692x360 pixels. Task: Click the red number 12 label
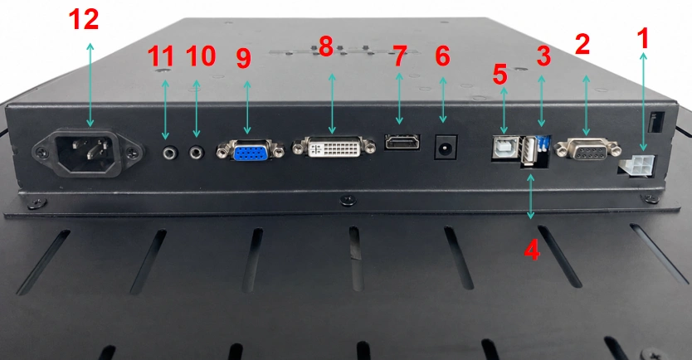[84, 20]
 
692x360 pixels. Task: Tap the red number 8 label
[326, 46]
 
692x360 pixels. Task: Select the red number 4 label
[531, 251]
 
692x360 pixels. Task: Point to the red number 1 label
[644, 38]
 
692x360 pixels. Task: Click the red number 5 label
[500, 74]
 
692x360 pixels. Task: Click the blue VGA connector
[251, 150]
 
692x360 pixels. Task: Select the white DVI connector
[334, 147]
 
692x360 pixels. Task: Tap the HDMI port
[402, 142]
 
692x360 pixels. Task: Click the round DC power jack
[446, 147]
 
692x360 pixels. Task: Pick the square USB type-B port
[506, 148]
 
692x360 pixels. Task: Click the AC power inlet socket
[87, 152]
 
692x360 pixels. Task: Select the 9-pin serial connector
[589, 149]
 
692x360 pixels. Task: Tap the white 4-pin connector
[634, 167]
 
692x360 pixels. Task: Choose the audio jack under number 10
[197, 153]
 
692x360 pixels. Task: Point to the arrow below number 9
[247, 107]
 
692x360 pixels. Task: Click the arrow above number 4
[531, 197]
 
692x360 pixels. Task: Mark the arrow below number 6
[443, 100]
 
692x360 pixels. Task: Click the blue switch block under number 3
[543, 144]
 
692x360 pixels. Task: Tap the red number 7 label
[399, 57]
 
